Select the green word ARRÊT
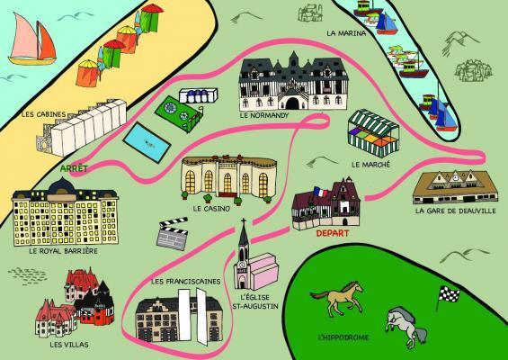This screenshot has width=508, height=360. (68, 167)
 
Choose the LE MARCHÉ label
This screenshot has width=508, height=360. (370, 165)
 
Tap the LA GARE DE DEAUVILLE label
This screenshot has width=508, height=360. (455, 211)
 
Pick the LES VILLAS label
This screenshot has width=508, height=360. (68, 344)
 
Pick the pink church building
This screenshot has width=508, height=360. (254, 269)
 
